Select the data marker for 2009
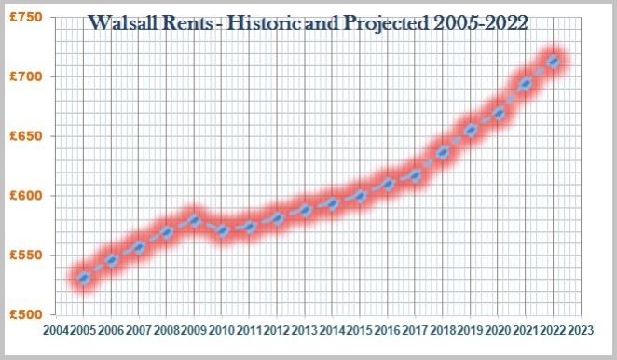tap(194, 221)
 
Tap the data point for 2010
tap(222, 232)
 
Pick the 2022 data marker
tap(554, 62)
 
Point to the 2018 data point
tap(444, 153)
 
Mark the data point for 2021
tap(527, 84)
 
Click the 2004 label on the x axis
tap(56, 329)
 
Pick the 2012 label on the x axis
tap(277, 329)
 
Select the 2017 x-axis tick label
tap(415, 329)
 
